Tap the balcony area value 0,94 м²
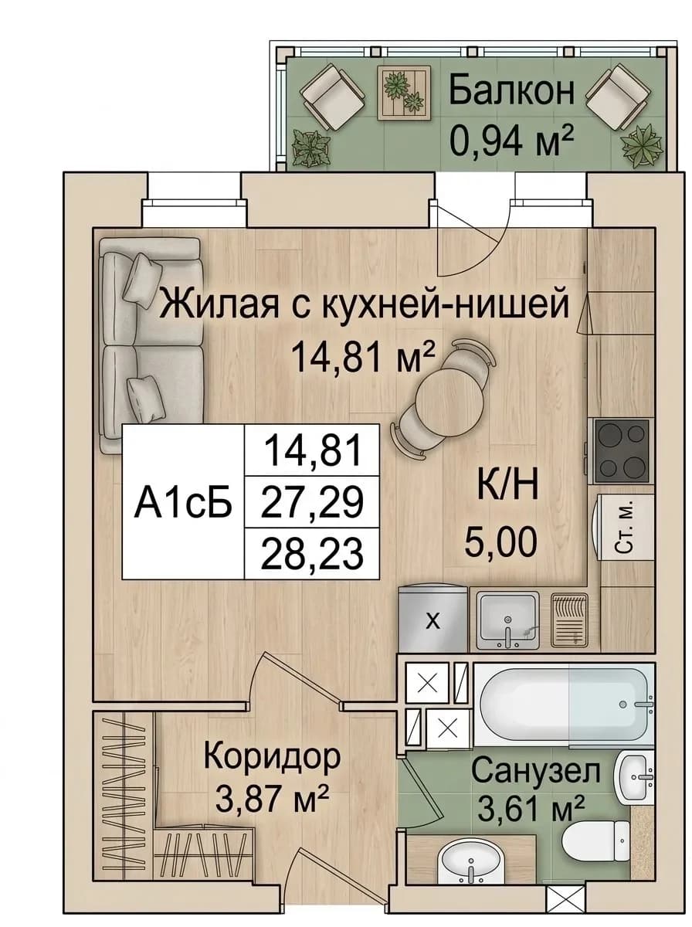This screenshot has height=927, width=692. tap(512, 141)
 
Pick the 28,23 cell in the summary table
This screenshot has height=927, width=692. tap(312, 553)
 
